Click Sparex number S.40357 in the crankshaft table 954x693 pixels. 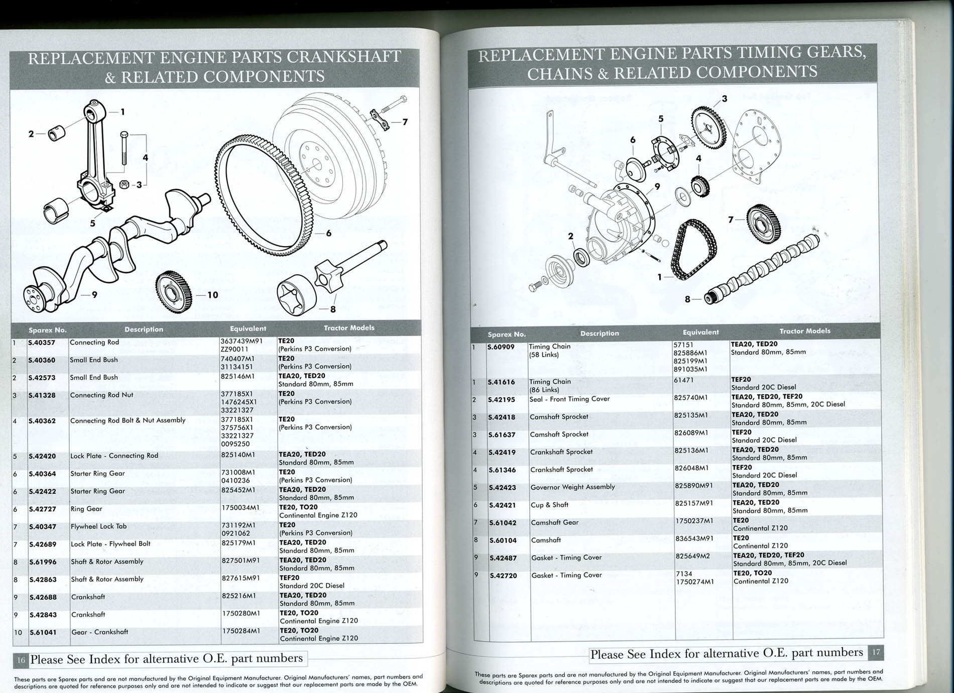[42, 343]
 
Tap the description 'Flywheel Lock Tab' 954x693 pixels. [98, 526]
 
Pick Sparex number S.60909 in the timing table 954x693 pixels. [501, 347]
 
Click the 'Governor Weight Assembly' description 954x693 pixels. [572, 487]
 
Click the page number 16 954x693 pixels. [21, 660]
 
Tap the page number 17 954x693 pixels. [876, 652]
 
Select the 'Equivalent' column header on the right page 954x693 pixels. [701, 332]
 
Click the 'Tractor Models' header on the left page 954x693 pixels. [349, 328]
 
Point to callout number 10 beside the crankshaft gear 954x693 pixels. [213, 295]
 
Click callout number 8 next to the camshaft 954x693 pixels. [687, 299]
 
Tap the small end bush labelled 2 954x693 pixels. [57, 134]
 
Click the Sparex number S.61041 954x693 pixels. [43, 632]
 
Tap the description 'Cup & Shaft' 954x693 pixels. [549, 505]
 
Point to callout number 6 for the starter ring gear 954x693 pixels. [329, 234]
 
